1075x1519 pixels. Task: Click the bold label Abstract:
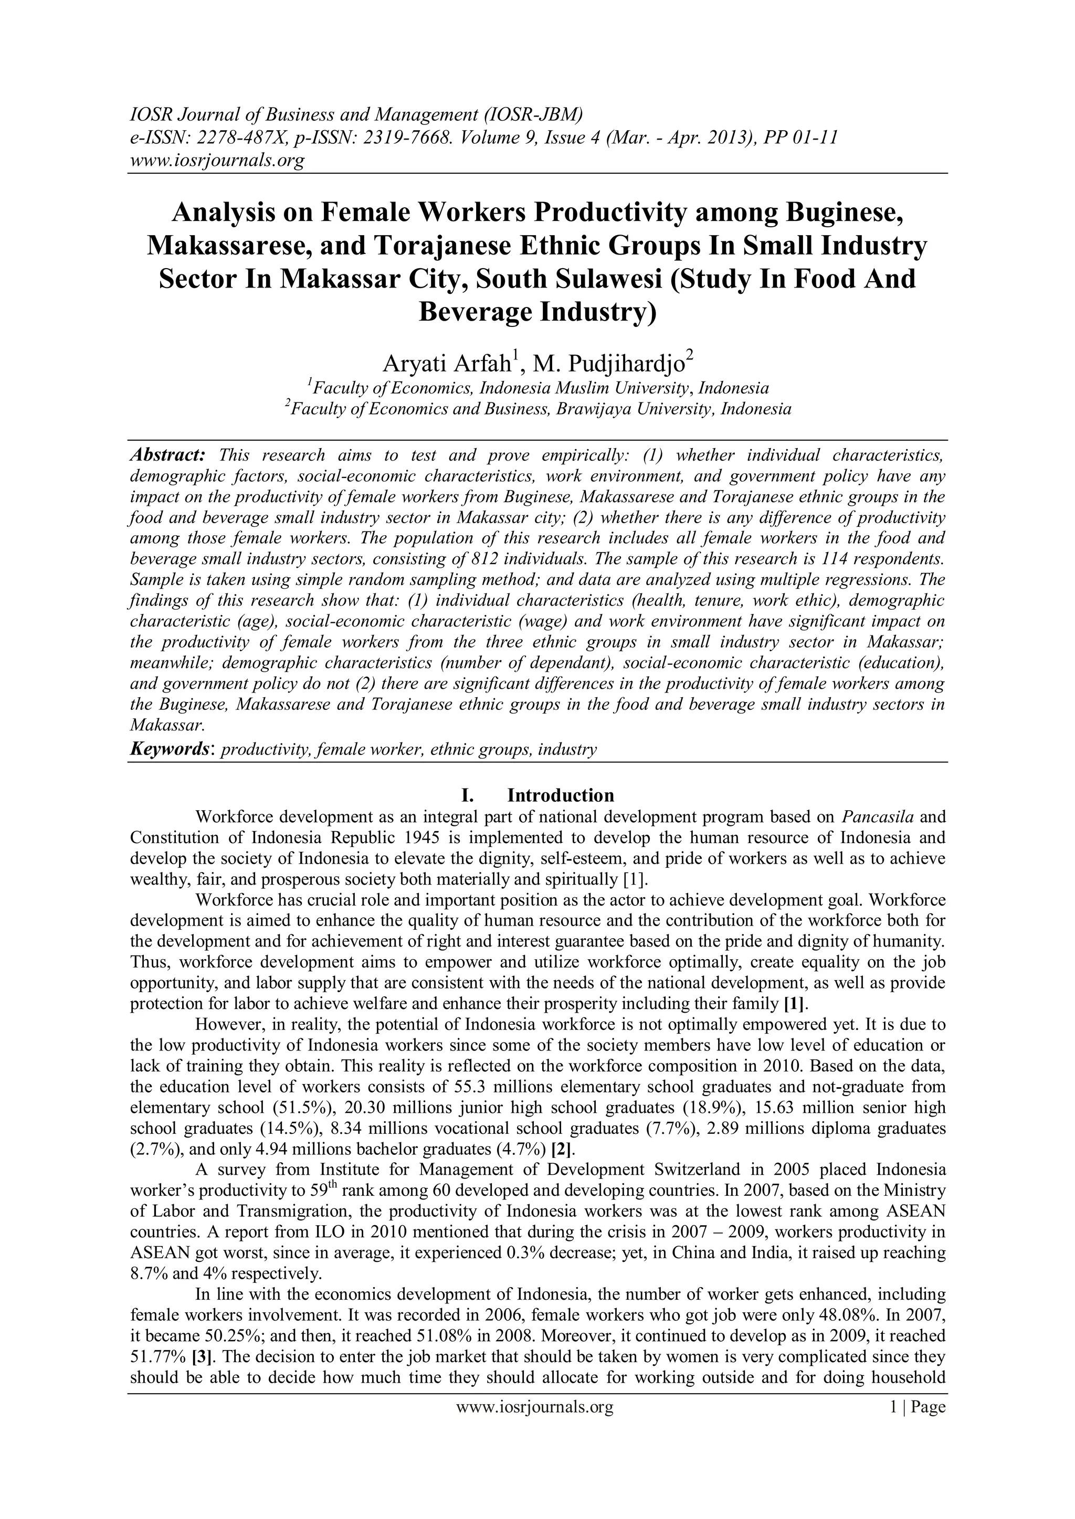coord(168,455)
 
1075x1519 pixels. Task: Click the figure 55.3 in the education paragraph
coord(472,1086)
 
